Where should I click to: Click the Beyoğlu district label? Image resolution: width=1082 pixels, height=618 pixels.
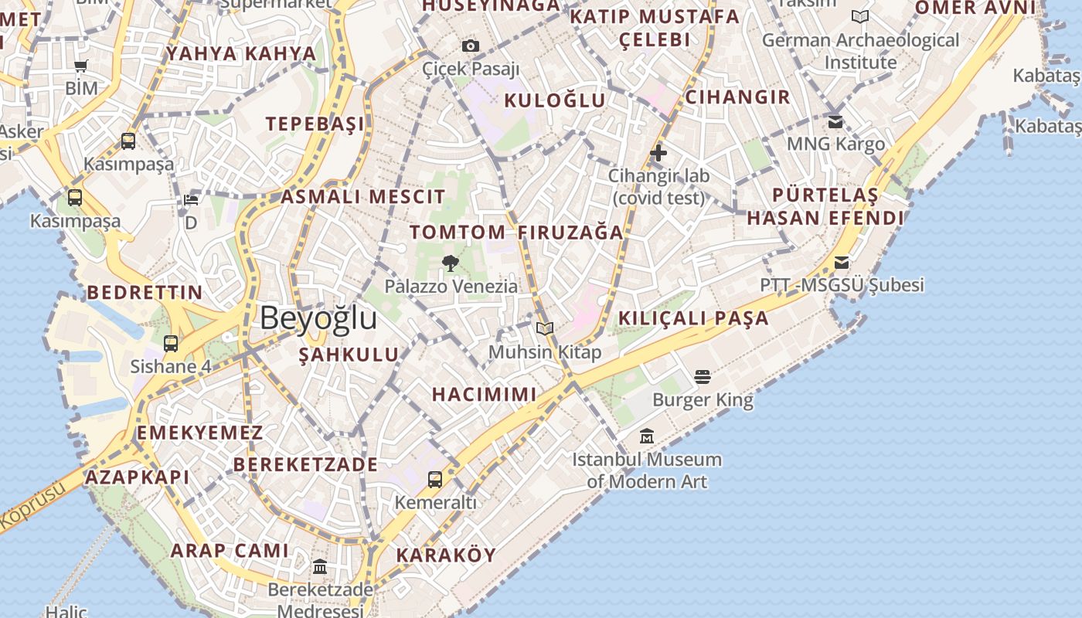(318, 317)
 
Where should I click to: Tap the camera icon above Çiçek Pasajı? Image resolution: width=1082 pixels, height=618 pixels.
(471, 46)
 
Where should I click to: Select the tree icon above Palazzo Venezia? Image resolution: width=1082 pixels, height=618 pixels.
(451, 263)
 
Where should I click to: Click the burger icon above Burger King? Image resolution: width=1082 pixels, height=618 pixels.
(703, 377)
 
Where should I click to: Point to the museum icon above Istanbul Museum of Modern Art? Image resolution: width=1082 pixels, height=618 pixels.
(647, 436)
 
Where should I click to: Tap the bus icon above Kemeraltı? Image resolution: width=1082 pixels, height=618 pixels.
(435, 480)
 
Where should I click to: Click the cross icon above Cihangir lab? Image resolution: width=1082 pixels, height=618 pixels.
(658, 153)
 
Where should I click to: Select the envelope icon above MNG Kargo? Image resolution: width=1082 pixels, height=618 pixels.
(835, 122)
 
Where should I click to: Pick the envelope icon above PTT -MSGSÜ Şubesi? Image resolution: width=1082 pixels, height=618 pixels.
(842, 263)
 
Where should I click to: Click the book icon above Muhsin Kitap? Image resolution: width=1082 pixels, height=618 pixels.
(545, 329)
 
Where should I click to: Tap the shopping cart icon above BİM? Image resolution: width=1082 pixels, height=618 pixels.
(81, 66)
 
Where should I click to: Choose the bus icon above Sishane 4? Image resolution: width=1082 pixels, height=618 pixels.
(171, 344)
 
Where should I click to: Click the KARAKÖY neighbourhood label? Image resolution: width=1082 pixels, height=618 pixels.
(446, 555)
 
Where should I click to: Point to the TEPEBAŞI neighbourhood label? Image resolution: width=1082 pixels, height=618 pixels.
(315, 124)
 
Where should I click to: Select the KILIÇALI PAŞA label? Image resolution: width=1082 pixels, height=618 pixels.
(693, 318)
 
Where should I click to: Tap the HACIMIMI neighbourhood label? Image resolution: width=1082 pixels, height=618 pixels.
(484, 394)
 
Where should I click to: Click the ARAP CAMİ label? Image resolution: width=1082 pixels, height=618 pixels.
(230, 551)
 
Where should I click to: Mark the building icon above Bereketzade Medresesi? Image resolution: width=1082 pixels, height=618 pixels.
(320, 567)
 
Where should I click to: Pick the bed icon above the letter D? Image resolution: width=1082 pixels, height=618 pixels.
(191, 200)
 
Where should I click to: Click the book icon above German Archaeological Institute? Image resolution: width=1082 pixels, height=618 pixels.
(860, 16)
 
